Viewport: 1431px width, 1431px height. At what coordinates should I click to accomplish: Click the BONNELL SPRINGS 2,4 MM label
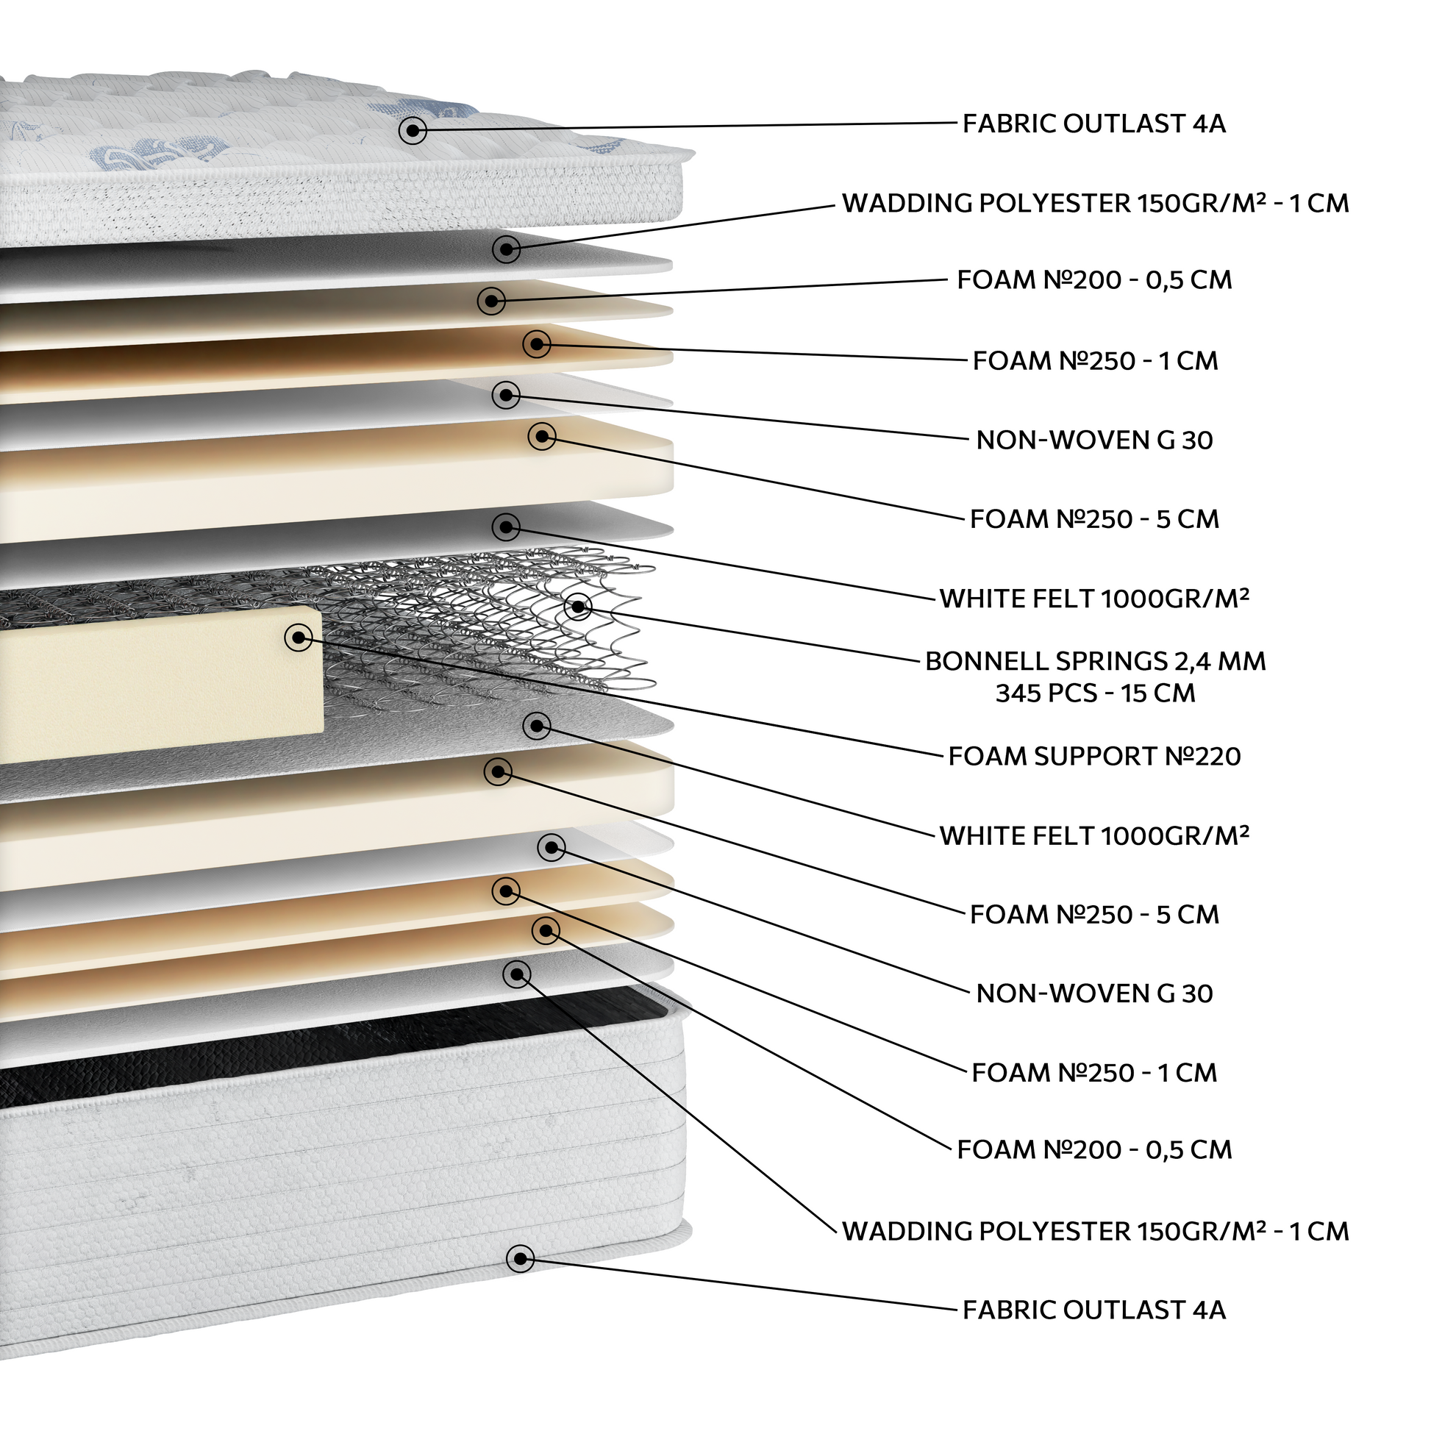pos(1096,660)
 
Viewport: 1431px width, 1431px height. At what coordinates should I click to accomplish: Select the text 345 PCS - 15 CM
pos(1096,693)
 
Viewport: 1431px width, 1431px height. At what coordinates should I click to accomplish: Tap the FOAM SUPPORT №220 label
pos(1095,756)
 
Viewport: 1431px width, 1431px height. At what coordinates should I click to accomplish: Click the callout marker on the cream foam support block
pos(299,637)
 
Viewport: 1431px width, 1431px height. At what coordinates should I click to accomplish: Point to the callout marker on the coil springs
pos(578,607)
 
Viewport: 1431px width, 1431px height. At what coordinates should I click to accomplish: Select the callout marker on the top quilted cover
pos(413,131)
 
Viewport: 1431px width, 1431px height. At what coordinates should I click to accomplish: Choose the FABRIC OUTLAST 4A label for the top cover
pos(1094,124)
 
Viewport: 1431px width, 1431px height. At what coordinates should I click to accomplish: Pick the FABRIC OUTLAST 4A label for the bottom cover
pos(1094,1310)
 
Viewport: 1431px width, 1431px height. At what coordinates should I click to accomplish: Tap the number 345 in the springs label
pos(1019,693)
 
